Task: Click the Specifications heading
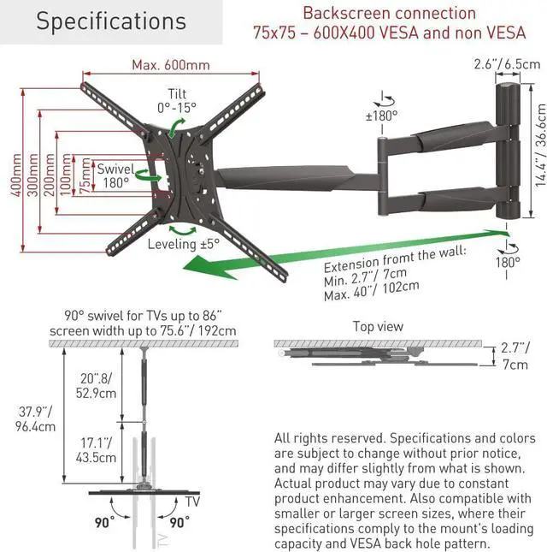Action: click(110, 22)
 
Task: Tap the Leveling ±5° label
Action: click(184, 244)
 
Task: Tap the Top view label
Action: click(379, 327)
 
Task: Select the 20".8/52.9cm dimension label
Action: click(97, 385)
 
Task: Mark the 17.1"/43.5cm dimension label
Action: click(95, 450)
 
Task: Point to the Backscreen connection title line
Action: click(389, 14)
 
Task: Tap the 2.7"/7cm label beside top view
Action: click(515, 356)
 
